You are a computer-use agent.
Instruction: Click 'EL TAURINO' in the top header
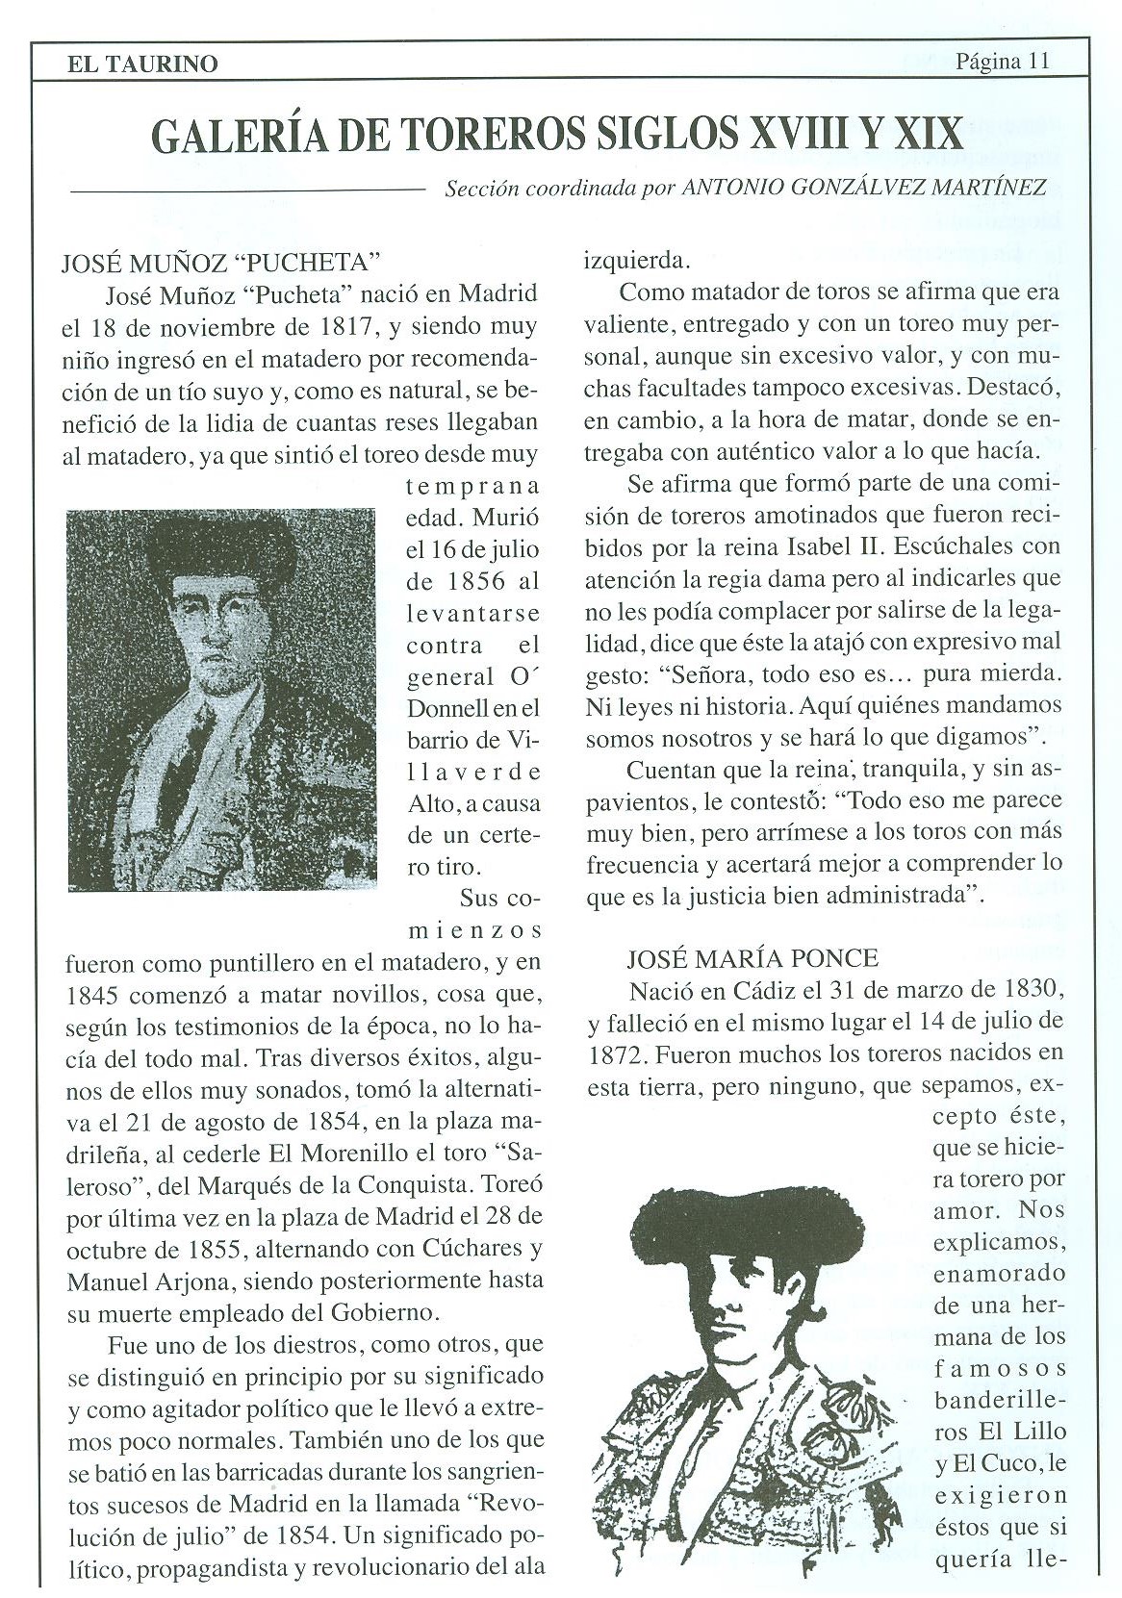tap(142, 64)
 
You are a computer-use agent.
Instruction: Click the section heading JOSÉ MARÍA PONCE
tap(752, 957)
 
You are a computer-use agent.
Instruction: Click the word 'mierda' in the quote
tap(1013, 673)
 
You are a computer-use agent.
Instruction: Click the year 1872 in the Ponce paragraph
tap(615, 1053)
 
